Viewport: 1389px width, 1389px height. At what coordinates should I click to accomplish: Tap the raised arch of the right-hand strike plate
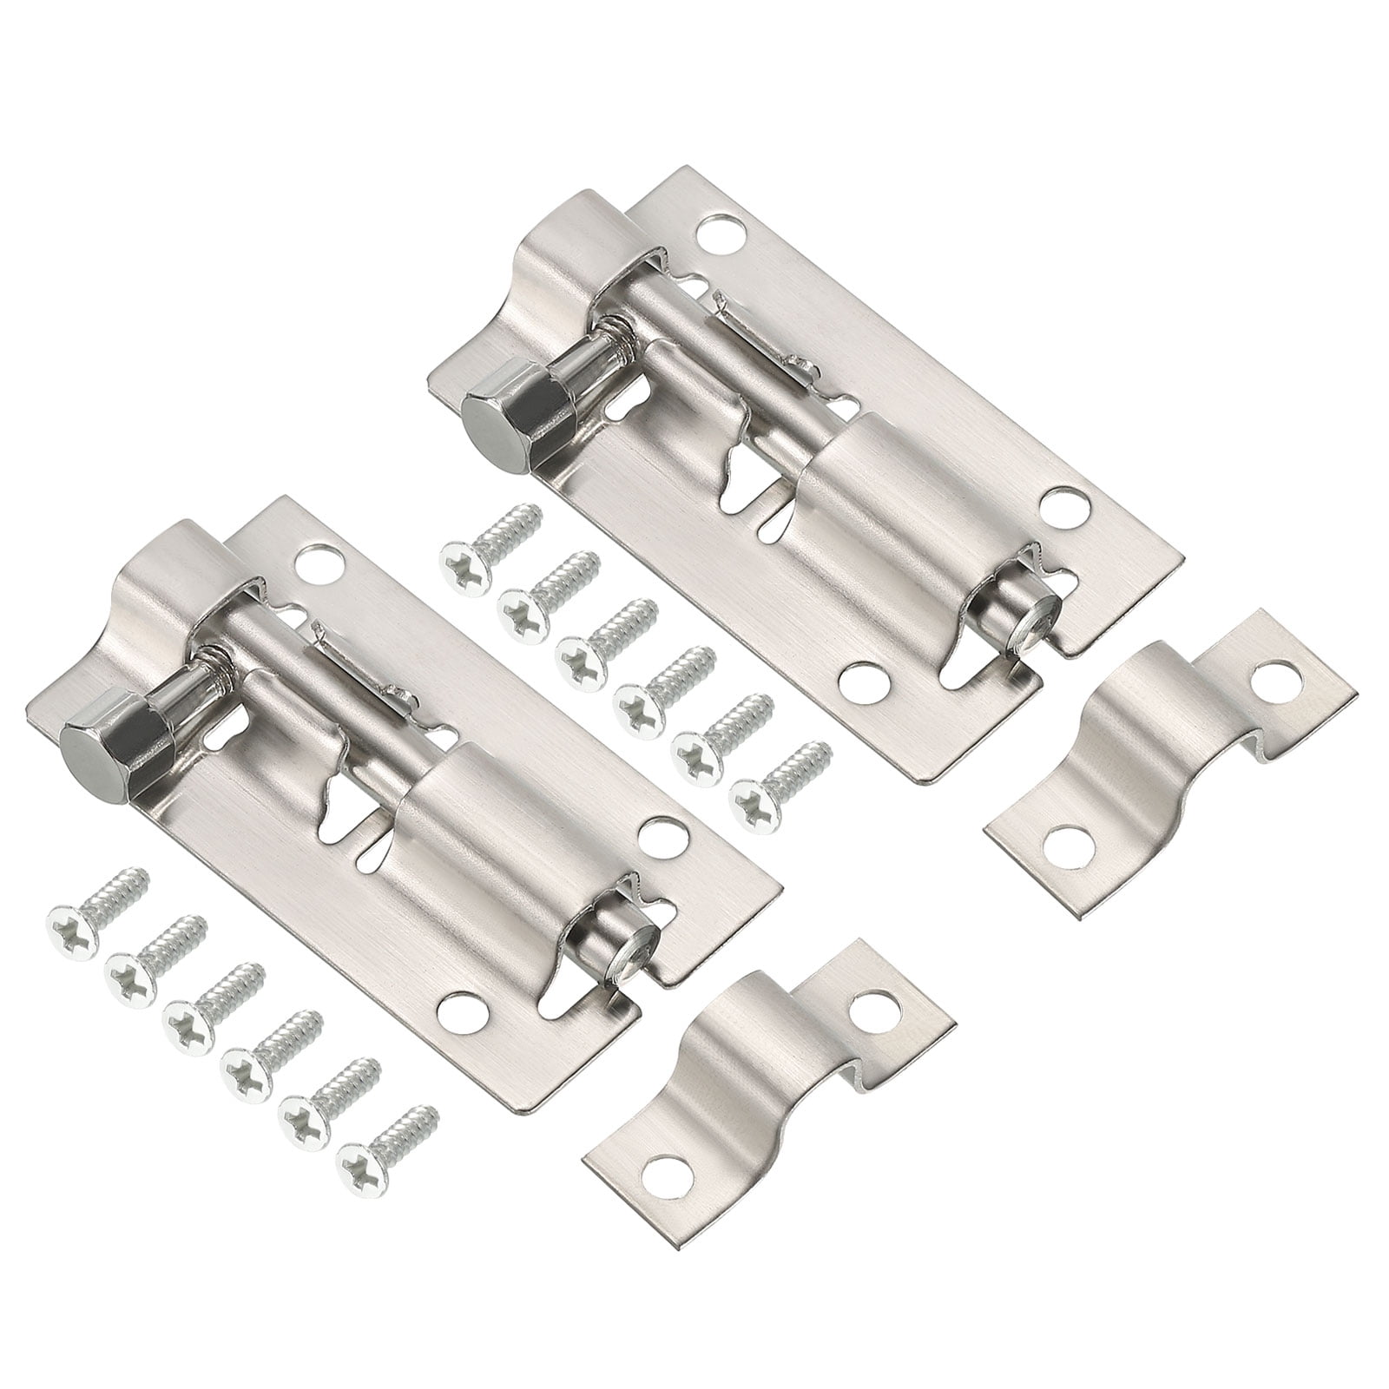[x=1137, y=747]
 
